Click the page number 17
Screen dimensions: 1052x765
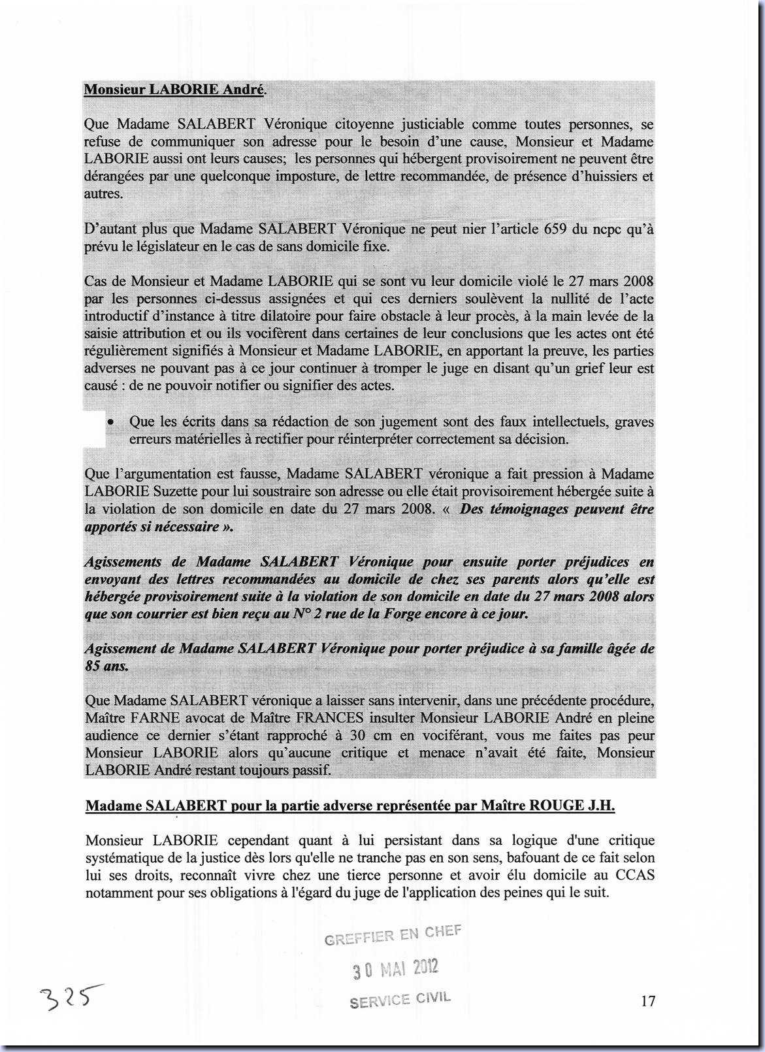pos(648,1000)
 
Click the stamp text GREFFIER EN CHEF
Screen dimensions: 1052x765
pos(393,936)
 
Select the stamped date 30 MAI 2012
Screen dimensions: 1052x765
pos(396,969)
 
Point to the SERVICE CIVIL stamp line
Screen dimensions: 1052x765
pos(400,1000)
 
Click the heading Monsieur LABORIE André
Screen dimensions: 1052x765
pos(174,90)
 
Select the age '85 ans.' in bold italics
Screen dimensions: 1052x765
pos(107,666)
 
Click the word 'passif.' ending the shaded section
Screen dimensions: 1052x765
pos(312,770)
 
